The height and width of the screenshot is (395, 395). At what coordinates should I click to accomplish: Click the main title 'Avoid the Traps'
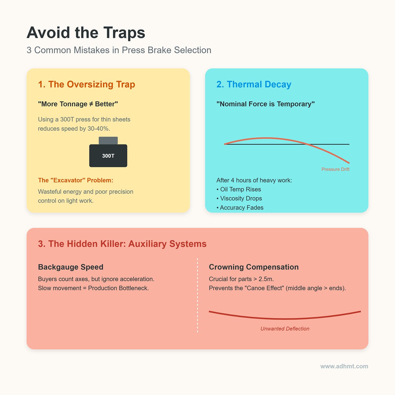point(86,33)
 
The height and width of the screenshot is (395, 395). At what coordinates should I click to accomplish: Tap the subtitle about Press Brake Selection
point(119,50)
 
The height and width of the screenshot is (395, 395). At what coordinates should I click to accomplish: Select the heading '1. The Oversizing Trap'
point(86,84)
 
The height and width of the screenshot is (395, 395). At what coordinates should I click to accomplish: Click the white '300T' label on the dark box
point(108,156)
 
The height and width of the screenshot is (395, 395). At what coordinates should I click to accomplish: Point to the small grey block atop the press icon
point(108,140)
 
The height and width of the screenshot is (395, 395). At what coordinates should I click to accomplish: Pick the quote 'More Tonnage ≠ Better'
point(78,104)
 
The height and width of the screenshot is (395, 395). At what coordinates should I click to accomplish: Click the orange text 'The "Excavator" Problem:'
point(76,180)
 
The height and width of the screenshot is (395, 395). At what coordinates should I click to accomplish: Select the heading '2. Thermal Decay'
point(254,84)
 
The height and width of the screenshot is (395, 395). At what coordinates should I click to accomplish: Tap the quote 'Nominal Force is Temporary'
point(265,104)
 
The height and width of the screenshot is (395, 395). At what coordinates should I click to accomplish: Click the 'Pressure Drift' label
point(335,169)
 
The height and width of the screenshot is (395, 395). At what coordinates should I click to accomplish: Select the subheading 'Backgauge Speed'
point(71,267)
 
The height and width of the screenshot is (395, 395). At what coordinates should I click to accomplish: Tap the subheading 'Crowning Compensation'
point(254,267)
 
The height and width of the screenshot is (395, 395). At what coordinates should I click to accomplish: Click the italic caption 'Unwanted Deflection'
point(285,329)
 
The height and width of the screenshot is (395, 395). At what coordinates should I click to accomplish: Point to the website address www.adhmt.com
point(344,366)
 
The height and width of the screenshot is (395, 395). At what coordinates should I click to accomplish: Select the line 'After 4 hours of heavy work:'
point(254,180)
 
